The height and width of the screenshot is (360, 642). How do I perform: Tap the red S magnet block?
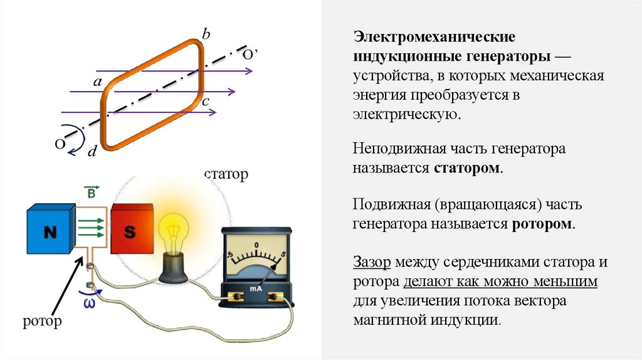click(x=130, y=231)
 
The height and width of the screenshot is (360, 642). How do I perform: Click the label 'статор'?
click(x=226, y=174)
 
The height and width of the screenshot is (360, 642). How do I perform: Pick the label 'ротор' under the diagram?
click(x=42, y=322)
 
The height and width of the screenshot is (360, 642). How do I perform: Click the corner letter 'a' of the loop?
click(x=97, y=82)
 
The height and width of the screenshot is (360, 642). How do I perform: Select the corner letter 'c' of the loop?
click(x=206, y=100)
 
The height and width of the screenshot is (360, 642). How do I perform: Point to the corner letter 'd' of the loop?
click(x=92, y=151)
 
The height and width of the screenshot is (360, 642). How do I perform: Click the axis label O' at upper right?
click(x=251, y=55)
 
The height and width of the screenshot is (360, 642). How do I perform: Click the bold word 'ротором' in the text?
click(x=540, y=224)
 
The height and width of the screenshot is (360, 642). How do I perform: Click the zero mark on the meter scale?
click(x=256, y=244)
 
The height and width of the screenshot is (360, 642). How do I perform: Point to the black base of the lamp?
click(x=171, y=269)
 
